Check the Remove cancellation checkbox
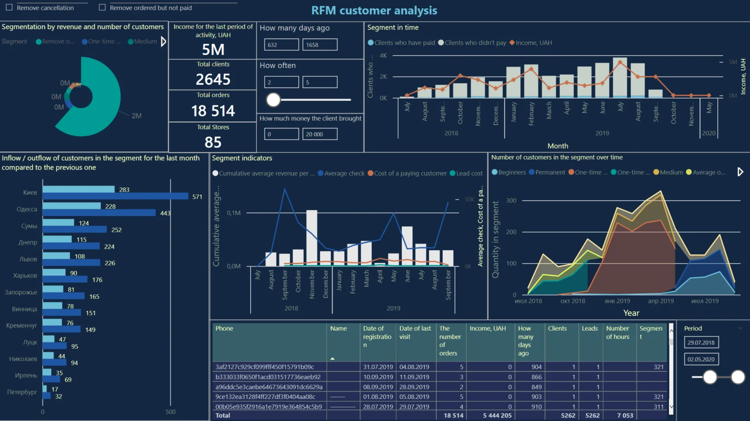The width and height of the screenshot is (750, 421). [9, 7]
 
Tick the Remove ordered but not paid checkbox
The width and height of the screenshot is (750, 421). [102, 7]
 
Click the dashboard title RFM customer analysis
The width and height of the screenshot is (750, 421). [374, 10]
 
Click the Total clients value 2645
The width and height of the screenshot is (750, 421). [213, 79]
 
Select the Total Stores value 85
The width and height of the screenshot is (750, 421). [213, 142]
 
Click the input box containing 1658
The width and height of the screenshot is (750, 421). [320, 45]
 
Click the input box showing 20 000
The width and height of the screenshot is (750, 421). [320, 134]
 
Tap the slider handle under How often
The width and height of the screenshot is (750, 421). [273, 99]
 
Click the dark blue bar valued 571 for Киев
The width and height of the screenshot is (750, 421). [115, 196]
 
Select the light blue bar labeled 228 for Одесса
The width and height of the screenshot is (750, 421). [71, 206]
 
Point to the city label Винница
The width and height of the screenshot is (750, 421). [24, 309]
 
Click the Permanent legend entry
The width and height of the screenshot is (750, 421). [550, 172]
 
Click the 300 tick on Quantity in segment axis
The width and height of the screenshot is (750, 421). [511, 200]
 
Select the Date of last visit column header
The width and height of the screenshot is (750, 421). [415, 333]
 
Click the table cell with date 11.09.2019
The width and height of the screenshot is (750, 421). [414, 377]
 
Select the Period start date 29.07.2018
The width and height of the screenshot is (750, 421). [701, 343]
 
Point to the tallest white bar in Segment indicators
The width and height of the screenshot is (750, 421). [311, 238]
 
